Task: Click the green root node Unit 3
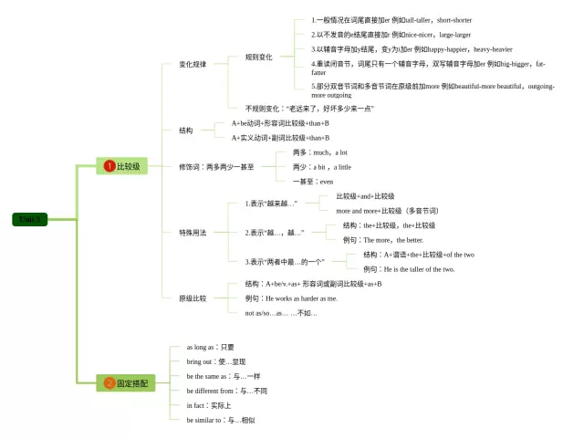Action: pyautogui.click(x=30, y=219)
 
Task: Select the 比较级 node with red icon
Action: pyautogui.click(x=122, y=166)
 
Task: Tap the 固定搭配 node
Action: pyautogui.click(x=122, y=383)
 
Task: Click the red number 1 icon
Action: pyautogui.click(x=109, y=166)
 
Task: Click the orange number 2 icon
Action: pyautogui.click(x=109, y=383)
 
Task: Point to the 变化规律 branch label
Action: pyautogui.click(x=193, y=64)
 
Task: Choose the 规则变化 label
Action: pyautogui.click(x=258, y=57)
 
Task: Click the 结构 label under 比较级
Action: pyautogui.click(x=186, y=131)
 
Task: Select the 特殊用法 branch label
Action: pyautogui.click(x=193, y=233)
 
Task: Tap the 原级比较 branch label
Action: pyautogui.click(x=193, y=298)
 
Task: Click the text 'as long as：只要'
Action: pyautogui.click(x=210, y=347)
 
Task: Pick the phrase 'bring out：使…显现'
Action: pyautogui.click(x=215, y=361)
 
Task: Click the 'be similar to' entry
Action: pyautogui.click(x=221, y=420)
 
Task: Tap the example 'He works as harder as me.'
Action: pyautogui.click(x=290, y=298)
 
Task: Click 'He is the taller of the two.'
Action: pyautogui.click(x=408, y=269)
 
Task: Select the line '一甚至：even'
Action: pyautogui.click(x=313, y=182)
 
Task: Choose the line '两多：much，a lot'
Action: pyautogui.click(x=319, y=152)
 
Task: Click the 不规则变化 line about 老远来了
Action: pyautogui.click(x=309, y=108)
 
